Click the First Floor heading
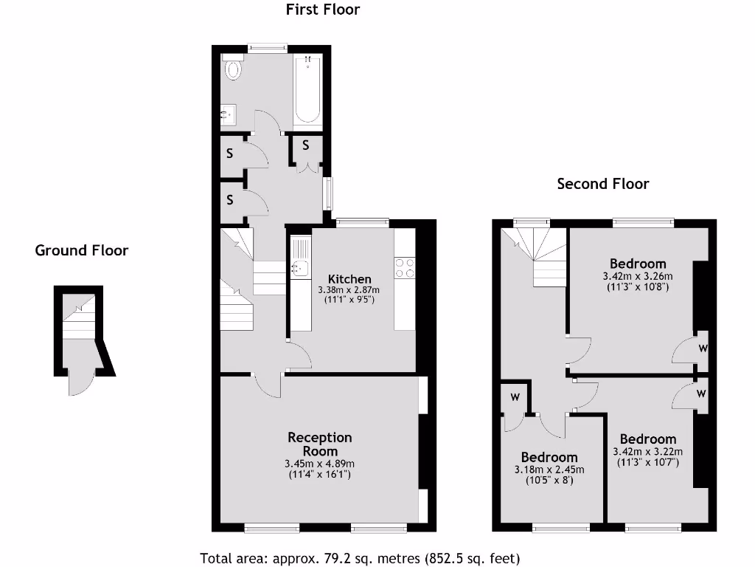pos(322,10)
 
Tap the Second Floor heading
pos(602,184)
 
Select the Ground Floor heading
pos(81,250)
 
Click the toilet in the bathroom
pos(234,69)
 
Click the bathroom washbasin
pos(229,114)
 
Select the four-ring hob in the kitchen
pos(404,267)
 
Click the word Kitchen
pos(349,279)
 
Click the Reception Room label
pos(319,444)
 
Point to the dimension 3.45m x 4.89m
pos(319,464)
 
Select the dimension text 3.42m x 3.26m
pos(638,276)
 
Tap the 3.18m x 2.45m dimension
pos(549,470)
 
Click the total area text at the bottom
pos(360,558)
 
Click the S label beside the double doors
pos(305,145)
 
